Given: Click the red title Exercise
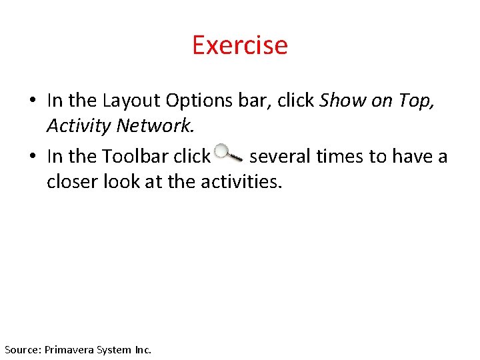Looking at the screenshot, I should point(239,45).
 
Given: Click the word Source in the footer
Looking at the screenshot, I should point(22,349).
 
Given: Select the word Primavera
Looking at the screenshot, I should point(69,349).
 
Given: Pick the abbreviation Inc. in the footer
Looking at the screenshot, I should point(143,349).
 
